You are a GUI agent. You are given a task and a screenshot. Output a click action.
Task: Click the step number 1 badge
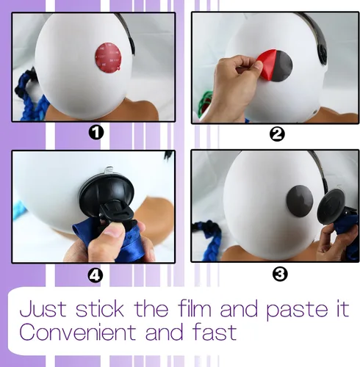tap(96, 133)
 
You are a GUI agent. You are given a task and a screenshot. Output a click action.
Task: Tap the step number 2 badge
tap(277, 134)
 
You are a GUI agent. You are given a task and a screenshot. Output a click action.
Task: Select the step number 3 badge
tap(280, 275)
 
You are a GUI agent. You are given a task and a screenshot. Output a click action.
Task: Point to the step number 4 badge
tap(96, 276)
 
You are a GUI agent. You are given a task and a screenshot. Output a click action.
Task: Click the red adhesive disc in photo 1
tap(108, 57)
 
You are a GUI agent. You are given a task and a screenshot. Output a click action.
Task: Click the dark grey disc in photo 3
tap(300, 201)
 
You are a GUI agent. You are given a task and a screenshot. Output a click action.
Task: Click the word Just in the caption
tap(43, 309)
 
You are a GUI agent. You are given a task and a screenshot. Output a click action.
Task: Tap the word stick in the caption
tap(100, 309)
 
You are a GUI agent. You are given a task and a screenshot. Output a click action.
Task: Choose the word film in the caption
tap(195, 309)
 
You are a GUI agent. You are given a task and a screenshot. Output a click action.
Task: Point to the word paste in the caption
tap(296, 310)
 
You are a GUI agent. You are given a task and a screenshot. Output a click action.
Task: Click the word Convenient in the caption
tap(77, 332)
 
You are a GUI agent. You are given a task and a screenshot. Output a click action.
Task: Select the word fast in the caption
tap(215, 332)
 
